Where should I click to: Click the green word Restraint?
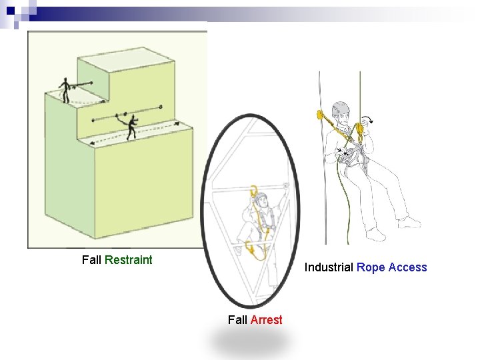coord(129,260)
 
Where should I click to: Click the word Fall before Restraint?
coord(91,260)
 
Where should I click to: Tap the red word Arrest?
coord(266,320)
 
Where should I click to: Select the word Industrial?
coord(329,267)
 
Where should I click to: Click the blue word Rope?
coord(371,267)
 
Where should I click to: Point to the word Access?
coord(407,267)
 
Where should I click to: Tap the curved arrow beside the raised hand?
coord(367,119)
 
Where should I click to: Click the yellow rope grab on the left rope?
coord(321,115)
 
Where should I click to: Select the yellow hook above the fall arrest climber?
coord(254,191)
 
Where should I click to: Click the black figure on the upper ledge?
coord(65,89)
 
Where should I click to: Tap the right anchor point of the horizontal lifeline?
coord(161,107)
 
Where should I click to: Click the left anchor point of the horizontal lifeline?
coord(93,121)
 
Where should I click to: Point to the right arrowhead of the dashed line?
coord(176,123)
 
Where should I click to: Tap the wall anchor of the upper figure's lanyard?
coord(91,83)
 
